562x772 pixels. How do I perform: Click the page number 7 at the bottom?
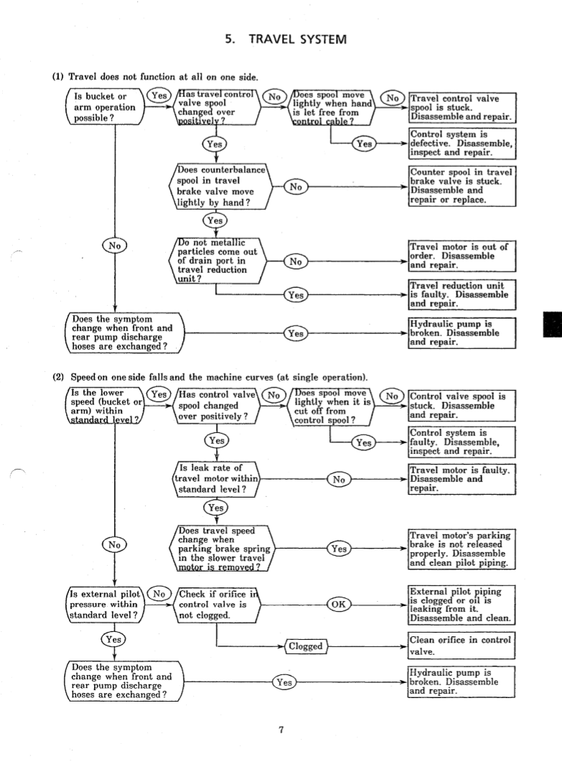pyautogui.click(x=281, y=730)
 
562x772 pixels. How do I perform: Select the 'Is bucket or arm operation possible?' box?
pyautogui.click(x=105, y=107)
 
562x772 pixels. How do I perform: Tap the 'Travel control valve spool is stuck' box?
pyautogui.click(x=459, y=108)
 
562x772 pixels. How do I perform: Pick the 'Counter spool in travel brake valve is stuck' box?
pyautogui.click(x=460, y=186)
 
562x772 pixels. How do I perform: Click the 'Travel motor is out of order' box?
pyautogui.click(x=460, y=256)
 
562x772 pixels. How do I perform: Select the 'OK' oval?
pyautogui.click(x=339, y=603)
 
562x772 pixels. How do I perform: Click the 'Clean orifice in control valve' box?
pyautogui.click(x=460, y=646)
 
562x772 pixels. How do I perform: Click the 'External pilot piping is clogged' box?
pyautogui.click(x=460, y=605)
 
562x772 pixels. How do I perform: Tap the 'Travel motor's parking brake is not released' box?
pyautogui.click(x=460, y=549)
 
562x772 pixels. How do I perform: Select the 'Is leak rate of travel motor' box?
pyautogui.click(x=217, y=478)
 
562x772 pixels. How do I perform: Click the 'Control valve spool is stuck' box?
pyautogui.click(x=460, y=406)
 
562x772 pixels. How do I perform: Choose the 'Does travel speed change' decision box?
pyautogui.click(x=220, y=549)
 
